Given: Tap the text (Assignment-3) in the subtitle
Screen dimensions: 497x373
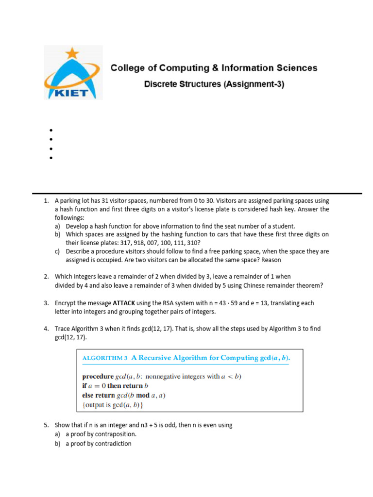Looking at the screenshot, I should tap(254, 84).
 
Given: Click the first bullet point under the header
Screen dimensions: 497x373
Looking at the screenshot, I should tap(51, 130).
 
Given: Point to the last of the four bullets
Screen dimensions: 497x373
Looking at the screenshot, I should tap(51, 158).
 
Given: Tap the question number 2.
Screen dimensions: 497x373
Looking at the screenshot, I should tap(46, 276).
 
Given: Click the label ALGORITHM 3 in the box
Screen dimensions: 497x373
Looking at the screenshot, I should tap(105, 358).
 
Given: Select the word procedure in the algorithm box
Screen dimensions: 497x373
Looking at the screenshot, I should tap(98, 376).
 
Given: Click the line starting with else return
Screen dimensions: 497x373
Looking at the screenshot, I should tap(124, 395).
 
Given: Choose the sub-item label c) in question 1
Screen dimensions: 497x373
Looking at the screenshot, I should tap(58, 251).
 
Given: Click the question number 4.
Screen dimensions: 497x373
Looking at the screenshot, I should tap(46, 329).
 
